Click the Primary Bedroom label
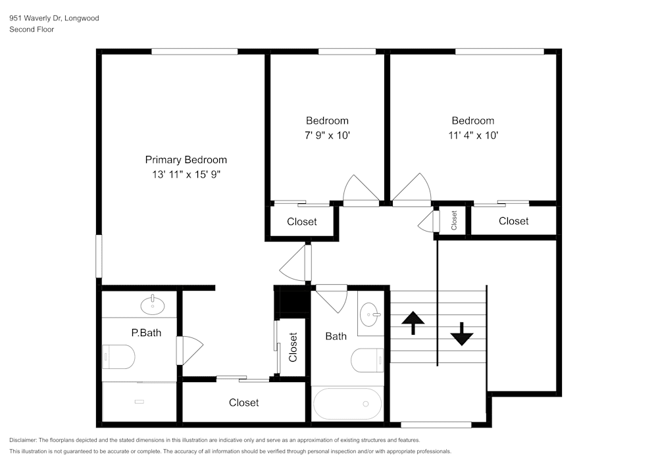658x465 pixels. tap(186, 160)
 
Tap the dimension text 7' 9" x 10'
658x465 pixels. tap(327, 135)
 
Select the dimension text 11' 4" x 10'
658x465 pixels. tap(472, 135)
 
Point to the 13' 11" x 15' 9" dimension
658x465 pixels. tap(186, 175)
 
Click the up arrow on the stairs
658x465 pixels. tap(413, 322)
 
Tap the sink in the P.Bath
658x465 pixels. tap(153, 304)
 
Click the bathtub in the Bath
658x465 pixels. tap(347, 403)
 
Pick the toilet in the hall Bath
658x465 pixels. tap(367, 360)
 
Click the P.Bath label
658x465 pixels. tap(146, 333)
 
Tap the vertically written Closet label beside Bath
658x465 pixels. tap(293, 347)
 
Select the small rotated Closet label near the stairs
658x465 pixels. tap(453, 220)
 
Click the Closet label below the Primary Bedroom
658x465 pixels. tap(243, 403)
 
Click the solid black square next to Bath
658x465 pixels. tap(290, 302)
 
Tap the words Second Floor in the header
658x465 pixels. tap(32, 30)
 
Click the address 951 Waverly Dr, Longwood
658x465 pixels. tap(54, 18)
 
